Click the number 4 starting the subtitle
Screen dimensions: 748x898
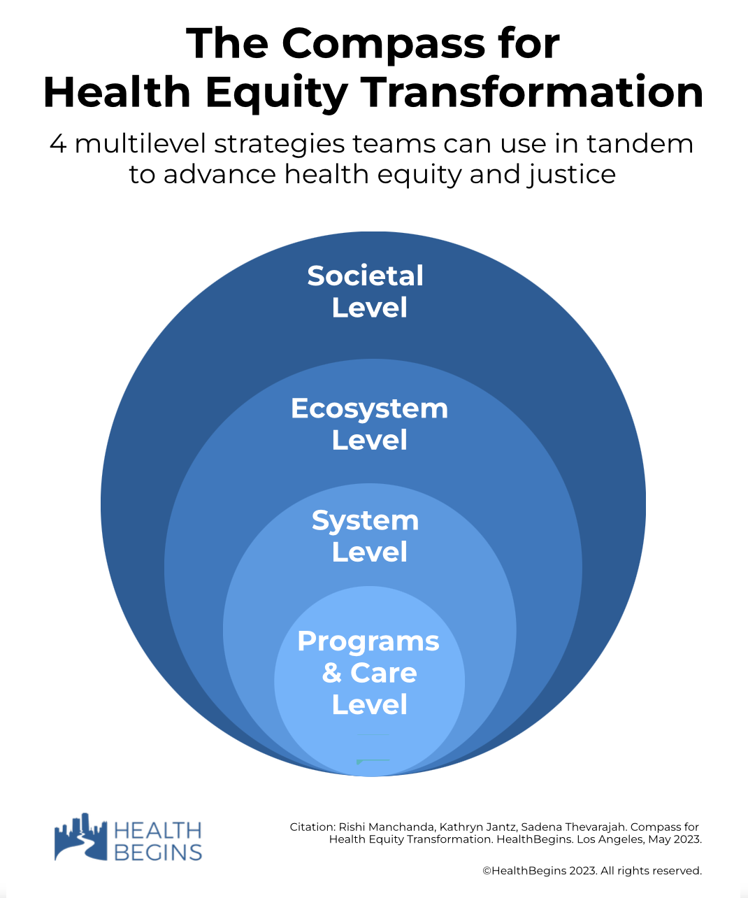coord(58,144)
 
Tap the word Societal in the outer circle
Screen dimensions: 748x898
coord(366,276)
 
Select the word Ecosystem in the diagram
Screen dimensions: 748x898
coord(370,409)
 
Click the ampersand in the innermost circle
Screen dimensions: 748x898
coord(332,673)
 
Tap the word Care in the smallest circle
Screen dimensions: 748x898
coord(384,673)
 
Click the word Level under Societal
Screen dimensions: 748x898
coord(370,308)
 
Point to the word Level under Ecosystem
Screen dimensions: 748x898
coord(370,440)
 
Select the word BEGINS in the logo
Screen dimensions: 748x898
coord(158,853)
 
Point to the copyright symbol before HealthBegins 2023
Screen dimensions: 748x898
coord(487,871)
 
